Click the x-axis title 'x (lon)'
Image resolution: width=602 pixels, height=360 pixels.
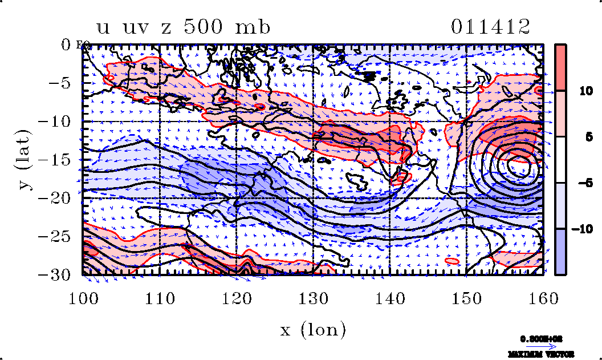click(313, 330)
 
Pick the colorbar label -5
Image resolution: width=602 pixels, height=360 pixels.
click(578, 183)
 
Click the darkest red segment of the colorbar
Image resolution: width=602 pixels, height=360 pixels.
click(561, 67)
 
